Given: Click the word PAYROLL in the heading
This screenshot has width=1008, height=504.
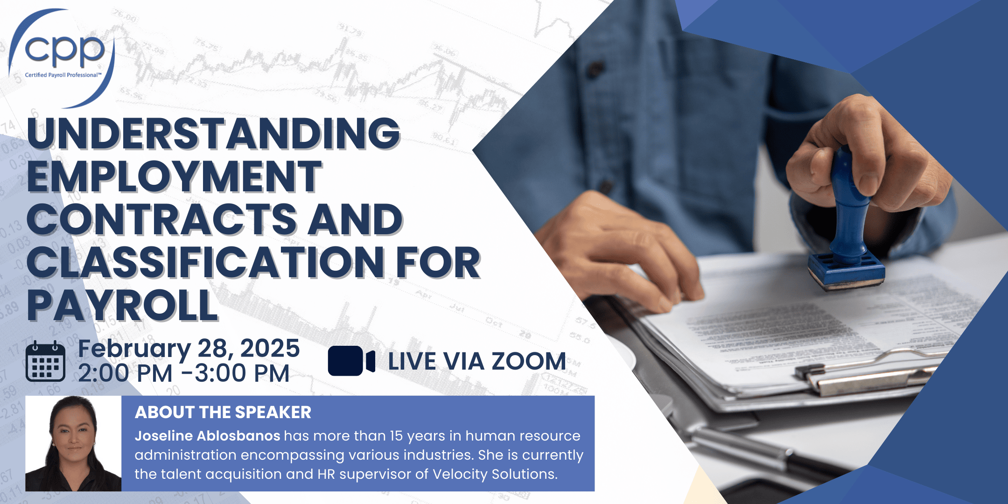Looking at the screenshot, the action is [x=123, y=305].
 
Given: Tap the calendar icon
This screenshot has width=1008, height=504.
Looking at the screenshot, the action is [x=45, y=361].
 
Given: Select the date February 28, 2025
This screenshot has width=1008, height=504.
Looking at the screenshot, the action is [x=189, y=349].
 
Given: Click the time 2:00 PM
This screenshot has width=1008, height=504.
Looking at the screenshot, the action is [x=126, y=373].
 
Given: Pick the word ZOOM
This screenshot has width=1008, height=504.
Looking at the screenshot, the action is [x=529, y=361].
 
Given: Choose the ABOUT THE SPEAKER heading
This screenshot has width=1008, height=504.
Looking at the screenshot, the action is [x=223, y=413].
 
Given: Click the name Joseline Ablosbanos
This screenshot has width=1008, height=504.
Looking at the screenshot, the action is [x=208, y=436].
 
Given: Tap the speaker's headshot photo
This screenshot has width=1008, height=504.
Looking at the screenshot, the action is [x=73, y=443].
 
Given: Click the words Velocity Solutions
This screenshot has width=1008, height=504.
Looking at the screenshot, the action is [x=495, y=474].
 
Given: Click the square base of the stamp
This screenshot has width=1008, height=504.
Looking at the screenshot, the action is [x=846, y=271].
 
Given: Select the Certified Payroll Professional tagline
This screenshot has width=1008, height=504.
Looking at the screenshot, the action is [x=63, y=75].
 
